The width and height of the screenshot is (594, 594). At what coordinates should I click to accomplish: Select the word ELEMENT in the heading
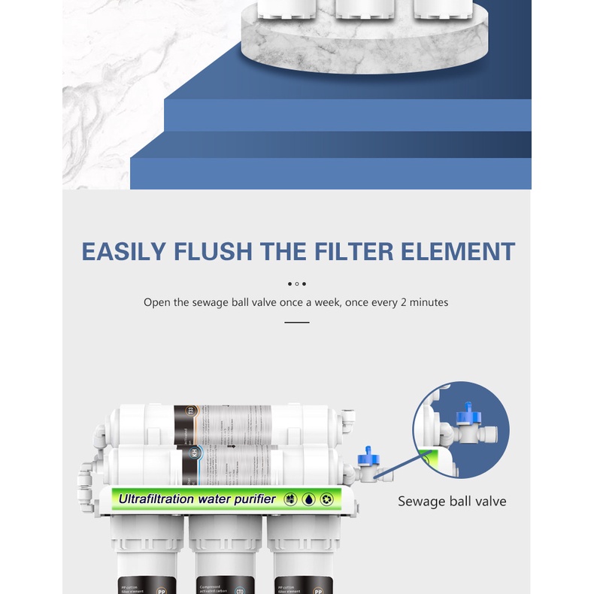tap(458, 251)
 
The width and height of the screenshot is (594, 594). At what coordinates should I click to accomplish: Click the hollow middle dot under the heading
tap(297, 283)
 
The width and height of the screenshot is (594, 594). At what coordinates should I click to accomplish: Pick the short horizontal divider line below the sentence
tap(297, 322)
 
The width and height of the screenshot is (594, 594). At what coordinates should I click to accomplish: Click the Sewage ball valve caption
tap(452, 501)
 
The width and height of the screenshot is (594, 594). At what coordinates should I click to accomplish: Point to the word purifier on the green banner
tap(253, 499)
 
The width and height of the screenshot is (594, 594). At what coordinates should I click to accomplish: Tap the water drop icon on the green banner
tap(308, 499)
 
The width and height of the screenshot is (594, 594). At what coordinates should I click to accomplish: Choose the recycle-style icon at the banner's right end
tap(327, 499)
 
